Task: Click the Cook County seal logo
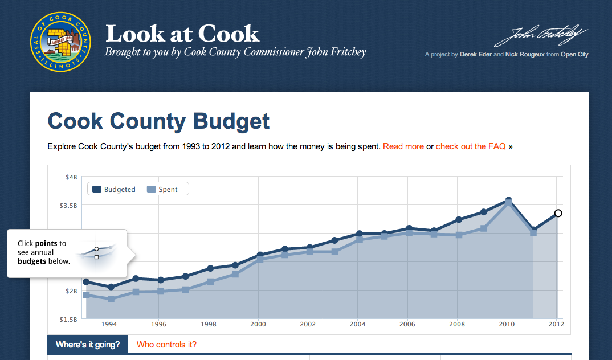(x=60, y=42)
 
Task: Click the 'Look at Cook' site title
(x=182, y=34)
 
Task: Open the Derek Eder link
(x=475, y=55)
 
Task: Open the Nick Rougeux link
(x=524, y=55)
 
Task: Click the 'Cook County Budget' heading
(x=158, y=121)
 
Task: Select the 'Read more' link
(x=403, y=146)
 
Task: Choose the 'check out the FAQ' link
(x=471, y=146)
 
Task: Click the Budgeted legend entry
(x=114, y=189)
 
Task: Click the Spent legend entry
(x=162, y=189)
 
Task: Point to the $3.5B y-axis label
(x=68, y=205)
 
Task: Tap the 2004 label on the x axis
(x=357, y=324)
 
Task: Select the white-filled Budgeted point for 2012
(x=558, y=213)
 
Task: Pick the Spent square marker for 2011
(x=533, y=232)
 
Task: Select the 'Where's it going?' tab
(x=88, y=345)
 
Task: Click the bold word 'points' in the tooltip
(x=46, y=243)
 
